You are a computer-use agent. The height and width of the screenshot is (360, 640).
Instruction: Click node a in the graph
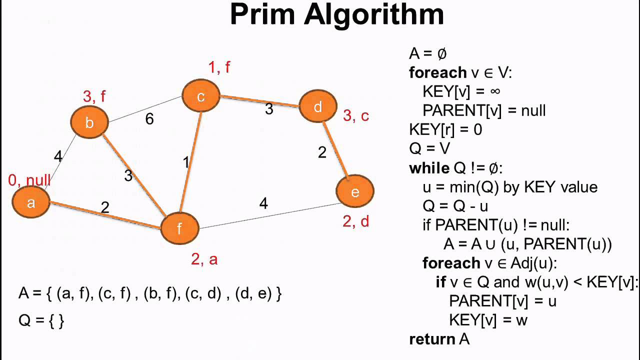coord(31,202)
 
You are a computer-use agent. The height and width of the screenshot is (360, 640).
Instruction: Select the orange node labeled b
coord(89,122)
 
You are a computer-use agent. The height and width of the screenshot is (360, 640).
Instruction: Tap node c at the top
coord(201,96)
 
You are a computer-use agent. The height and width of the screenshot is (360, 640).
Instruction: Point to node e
coord(355,191)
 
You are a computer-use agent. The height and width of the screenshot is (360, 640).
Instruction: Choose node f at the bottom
coord(179,228)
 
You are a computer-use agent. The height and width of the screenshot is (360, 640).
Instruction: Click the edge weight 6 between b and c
coord(149,119)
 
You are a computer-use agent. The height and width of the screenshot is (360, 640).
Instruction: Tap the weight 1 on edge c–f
coord(186,162)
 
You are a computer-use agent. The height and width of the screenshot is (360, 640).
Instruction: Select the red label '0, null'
coord(29,180)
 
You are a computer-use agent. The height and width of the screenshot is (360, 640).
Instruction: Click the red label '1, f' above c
coord(219,66)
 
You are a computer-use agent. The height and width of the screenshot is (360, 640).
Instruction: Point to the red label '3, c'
coord(355,116)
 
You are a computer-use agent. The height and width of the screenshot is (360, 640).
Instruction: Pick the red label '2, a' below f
coord(204,259)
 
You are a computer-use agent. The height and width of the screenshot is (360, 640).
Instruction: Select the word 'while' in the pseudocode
coord(429,168)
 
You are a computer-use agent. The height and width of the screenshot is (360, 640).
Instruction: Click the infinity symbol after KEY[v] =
coord(494,91)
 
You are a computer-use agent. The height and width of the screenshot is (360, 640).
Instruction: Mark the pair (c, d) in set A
coord(203,293)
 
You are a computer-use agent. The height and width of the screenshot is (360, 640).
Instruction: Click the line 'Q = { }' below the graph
coord(41,320)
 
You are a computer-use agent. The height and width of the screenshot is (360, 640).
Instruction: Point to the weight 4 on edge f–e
coord(263,203)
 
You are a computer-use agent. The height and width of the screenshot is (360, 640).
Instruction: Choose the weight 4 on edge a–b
coord(58,156)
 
